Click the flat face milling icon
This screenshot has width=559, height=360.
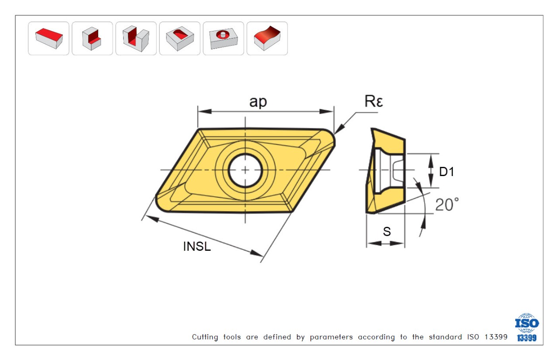[x=48, y=38]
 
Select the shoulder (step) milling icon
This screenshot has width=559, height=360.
[x=92, y=38]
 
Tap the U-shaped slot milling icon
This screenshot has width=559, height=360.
[x=136, y=38]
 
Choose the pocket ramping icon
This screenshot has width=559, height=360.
[x=179, y=38]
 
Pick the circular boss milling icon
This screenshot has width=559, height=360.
[x=223, y=38]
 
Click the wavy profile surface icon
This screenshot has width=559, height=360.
[x=267, y=38]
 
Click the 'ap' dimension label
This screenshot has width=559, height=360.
[x=258, y=102]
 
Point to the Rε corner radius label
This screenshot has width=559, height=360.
[x=374, y=102]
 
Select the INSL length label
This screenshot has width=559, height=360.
[x=197, y=247]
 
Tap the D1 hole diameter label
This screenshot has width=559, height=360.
[x=447, y=172]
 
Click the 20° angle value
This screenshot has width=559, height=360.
[x=447, y=204]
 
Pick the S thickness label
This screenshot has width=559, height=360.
[x=387, y=232]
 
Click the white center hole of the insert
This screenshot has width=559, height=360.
[x=245, y=170]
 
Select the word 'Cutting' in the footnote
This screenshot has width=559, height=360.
[x=205, y=337]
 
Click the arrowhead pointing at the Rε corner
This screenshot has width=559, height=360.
[x=339, y=130]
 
